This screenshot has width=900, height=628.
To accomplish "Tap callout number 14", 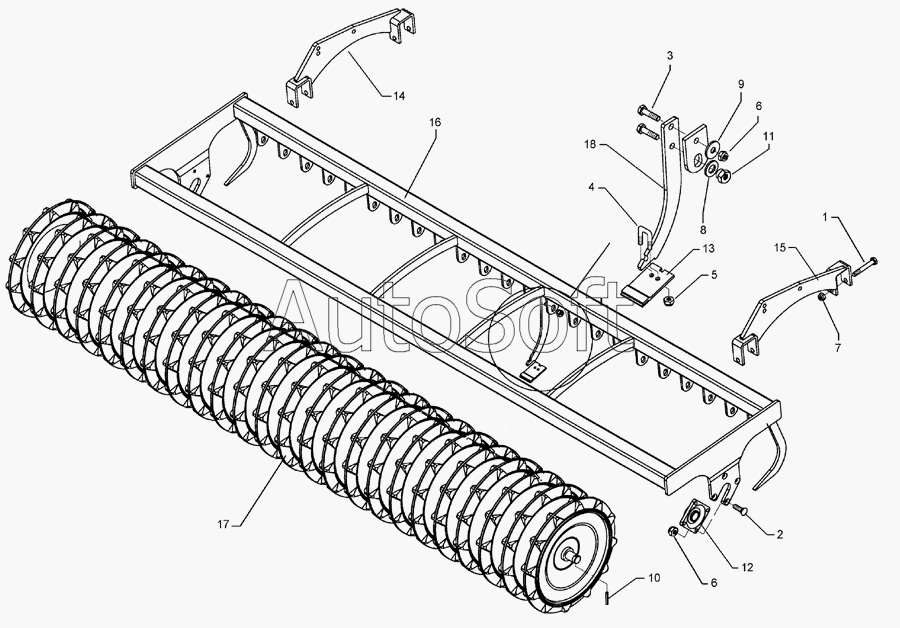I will (x=398, y=96).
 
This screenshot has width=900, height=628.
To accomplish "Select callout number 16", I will (x=435, y=121).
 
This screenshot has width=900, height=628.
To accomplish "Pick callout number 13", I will (x=709, y=247).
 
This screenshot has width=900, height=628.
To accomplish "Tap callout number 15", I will (x=780, y=245).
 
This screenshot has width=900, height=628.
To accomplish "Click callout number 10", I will (x=654, y=577).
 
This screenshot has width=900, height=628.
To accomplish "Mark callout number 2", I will (x=778, y=533).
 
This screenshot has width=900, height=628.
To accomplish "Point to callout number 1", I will (x=825, y=217).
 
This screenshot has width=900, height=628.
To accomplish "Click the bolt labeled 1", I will (x=867, y=262).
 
